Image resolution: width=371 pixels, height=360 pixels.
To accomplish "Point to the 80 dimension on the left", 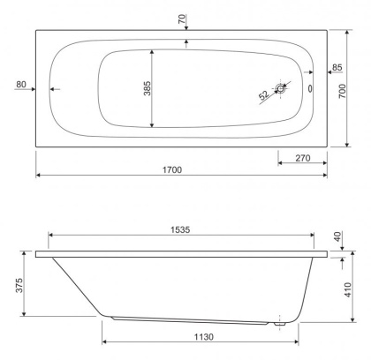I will pyautogui.click(x=22, y=85).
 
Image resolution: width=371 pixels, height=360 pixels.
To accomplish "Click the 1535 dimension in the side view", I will pyautogui.click(x=181, y=229).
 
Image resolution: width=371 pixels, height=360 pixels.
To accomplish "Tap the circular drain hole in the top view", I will pyautogui.click(x=282, y=88).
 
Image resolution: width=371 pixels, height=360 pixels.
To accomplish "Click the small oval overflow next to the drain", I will pyautogui.click(x=308, y=88).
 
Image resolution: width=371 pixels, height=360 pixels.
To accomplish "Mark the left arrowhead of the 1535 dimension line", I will pyautogui.click(x=50, y=236).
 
